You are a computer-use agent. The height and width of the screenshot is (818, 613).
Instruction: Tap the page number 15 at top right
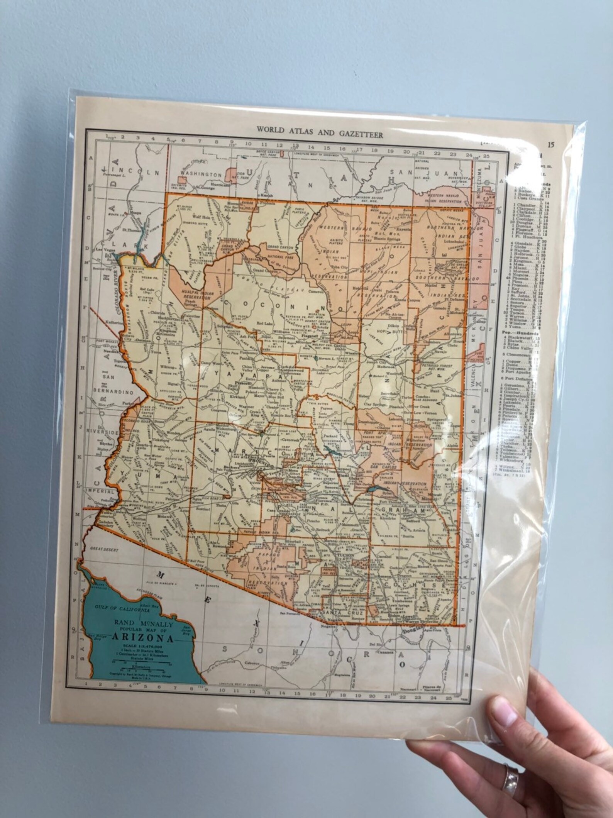[x=550, y=145]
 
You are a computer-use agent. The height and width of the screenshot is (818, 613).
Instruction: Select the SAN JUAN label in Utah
[x=423, y=173]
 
